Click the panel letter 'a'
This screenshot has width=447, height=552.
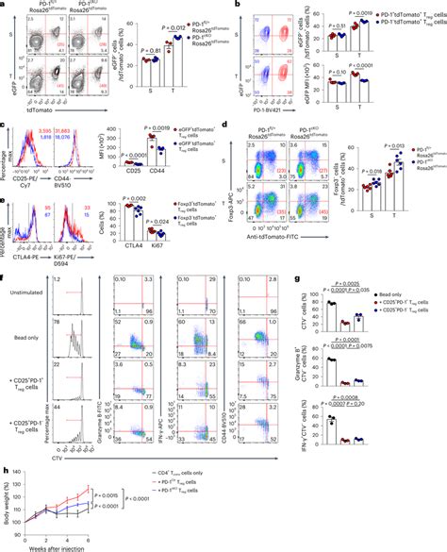click(x=5, y=5)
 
